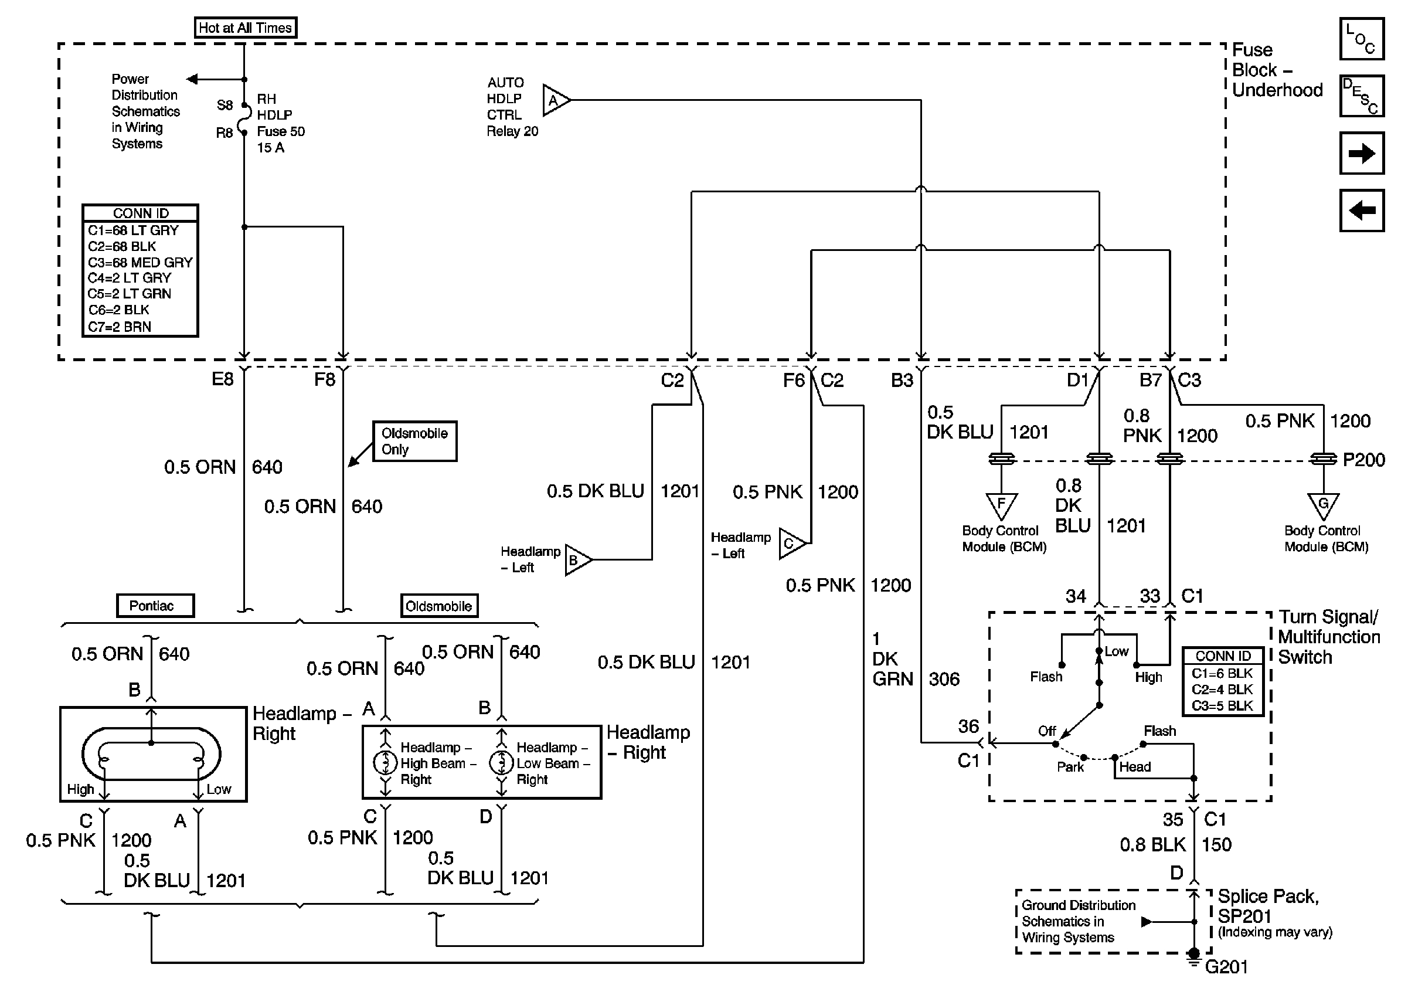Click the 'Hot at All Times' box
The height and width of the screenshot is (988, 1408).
tap(245, 28)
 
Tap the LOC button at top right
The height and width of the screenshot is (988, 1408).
tap(1361, 39)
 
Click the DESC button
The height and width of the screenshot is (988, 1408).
tap(1361, 96)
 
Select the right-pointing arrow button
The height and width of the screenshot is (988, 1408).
tap(1361, 153)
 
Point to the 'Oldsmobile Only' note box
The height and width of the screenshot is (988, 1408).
tap(414, 441)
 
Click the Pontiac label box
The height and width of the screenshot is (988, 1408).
tap(155, 606)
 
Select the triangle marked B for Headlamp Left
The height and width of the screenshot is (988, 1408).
tap(576, 559)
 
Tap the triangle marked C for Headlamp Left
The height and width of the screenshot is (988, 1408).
tap(790, 544)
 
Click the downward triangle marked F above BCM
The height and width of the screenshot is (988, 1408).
tap(1001, 505)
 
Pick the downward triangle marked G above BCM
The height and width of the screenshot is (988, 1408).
tap(1323, 505)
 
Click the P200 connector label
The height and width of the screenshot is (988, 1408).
tap(1363, 460)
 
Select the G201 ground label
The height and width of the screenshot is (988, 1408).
tap(1226, 967)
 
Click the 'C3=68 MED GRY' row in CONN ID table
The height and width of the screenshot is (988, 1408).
tap(140, 263)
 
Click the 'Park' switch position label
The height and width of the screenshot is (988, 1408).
tap(1070, 767)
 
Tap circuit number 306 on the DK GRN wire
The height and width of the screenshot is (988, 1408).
tap(944, 679)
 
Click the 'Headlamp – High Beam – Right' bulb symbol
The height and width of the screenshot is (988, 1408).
tap(385, 763)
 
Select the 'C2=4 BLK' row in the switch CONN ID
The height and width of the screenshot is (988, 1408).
tap(1222, 690)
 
